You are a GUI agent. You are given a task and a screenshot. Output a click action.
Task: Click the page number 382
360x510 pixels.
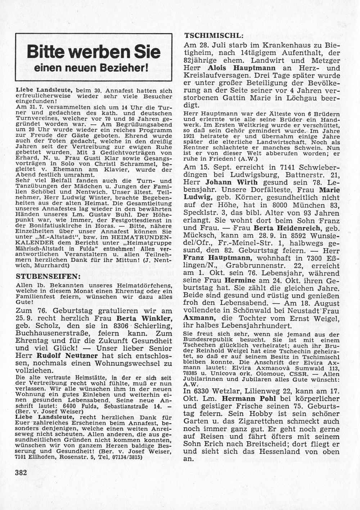pos(21,473)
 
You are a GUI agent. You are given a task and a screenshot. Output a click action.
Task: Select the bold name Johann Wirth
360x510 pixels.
pos(226,182)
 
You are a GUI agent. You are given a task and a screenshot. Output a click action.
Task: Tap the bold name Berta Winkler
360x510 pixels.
pos(144,318)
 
